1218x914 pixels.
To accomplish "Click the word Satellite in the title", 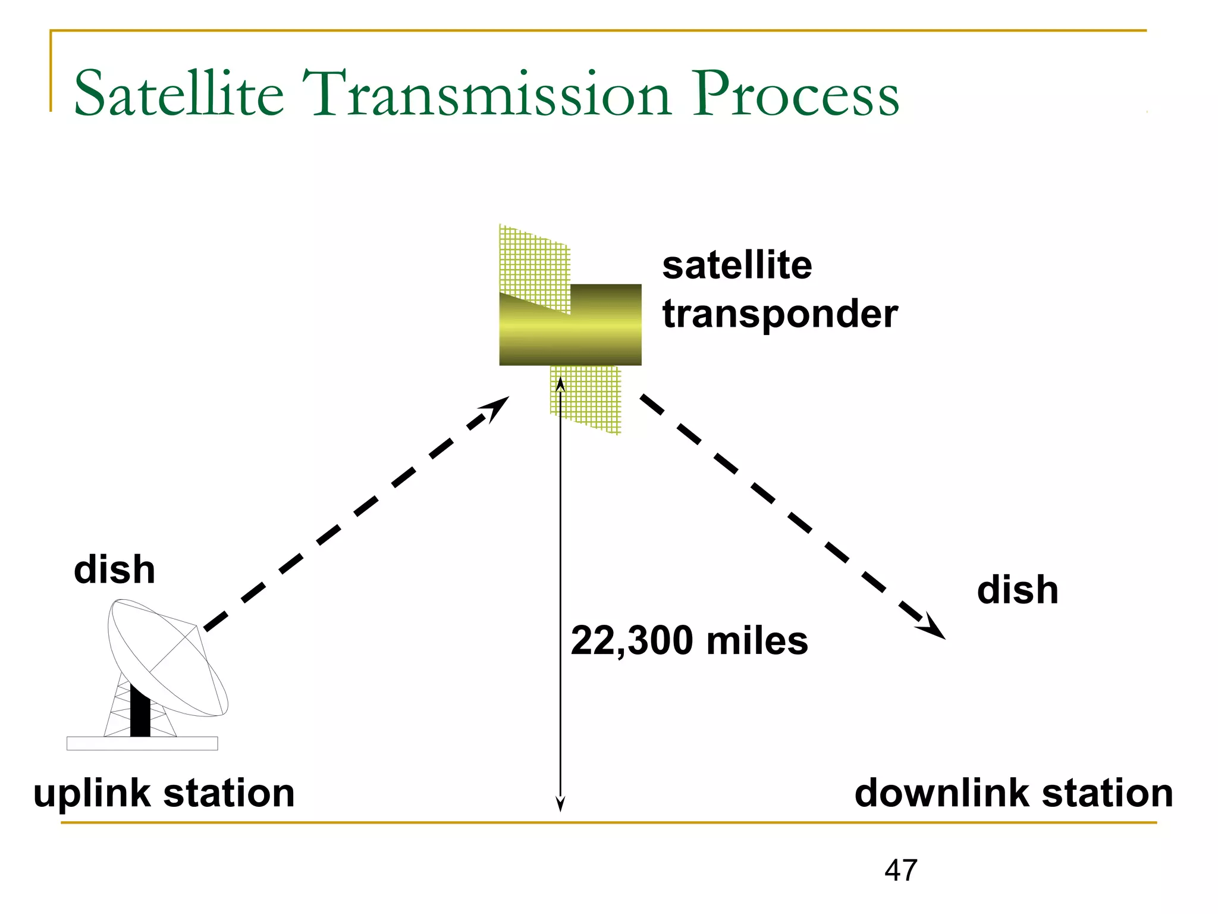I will coord(178,94).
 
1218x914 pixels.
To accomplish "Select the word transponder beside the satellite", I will coord(780,314).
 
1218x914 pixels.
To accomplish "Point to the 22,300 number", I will coord(632,641).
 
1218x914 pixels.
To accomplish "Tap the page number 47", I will coord(900,870).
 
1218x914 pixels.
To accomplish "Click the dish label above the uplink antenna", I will coord(114,569).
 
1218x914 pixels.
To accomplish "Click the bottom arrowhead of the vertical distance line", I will coord(560,805).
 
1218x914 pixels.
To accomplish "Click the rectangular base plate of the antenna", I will coord(142,743).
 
